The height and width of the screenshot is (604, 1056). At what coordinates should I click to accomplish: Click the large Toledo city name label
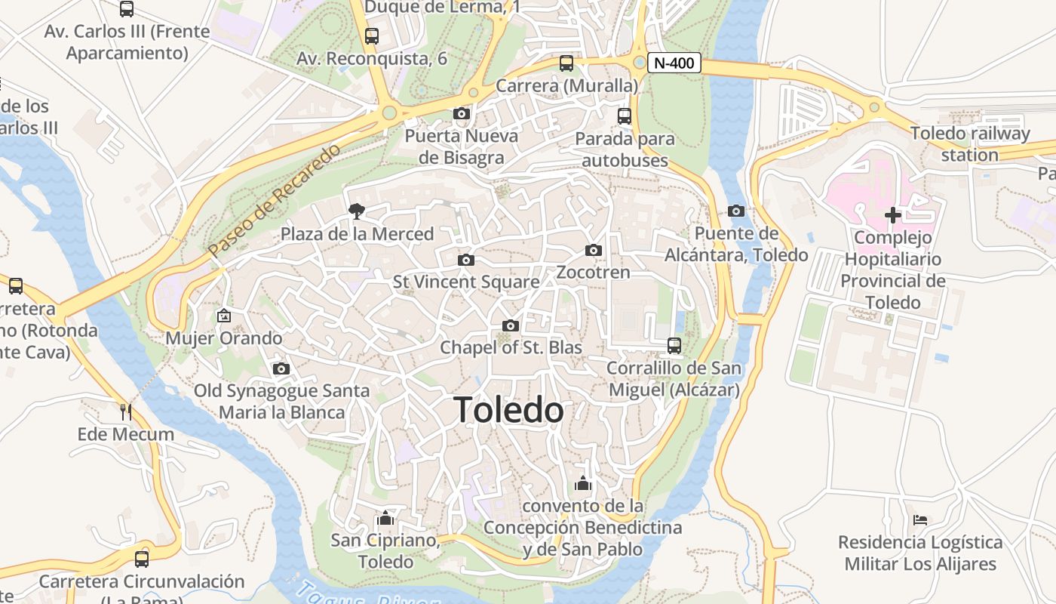pos(510,410)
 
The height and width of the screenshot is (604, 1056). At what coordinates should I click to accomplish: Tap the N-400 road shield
pos(674,63)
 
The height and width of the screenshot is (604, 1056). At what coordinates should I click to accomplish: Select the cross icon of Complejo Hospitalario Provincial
pos(893,215)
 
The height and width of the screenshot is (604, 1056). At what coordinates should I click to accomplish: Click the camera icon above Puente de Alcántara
pos(736,211)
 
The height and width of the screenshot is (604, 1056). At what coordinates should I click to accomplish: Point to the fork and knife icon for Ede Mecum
pos(126,411)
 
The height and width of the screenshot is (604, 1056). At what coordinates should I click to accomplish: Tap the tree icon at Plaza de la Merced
pos(357,211)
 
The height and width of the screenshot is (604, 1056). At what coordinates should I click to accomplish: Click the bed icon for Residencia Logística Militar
pos(920,519)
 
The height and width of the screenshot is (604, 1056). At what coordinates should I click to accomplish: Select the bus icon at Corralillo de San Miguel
pos(674,346)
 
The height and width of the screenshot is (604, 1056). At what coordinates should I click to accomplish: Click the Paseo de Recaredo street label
pos(275,201)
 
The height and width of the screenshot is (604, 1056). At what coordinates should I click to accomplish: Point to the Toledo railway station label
pos(969,144)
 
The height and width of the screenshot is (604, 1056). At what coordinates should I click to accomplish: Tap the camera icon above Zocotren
pos(594,250)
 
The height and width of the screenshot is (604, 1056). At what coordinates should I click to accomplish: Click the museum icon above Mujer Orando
pos(223,316)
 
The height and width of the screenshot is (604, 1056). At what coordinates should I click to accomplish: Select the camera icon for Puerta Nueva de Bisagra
pos(462,114)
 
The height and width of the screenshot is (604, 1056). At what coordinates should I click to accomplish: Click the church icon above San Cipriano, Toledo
pos(386,518)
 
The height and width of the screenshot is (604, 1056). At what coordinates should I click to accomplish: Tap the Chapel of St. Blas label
pos(511,347)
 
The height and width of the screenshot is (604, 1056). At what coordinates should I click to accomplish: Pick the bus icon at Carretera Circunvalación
pos(142,559)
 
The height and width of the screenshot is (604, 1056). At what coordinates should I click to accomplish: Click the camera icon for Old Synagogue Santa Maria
pos(281,368)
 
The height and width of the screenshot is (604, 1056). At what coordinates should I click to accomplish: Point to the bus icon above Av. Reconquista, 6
pos(371,35)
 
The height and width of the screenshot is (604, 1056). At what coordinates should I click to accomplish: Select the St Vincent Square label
pos(466,282)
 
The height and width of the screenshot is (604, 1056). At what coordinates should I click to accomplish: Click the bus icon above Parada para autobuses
pos(625,116)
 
